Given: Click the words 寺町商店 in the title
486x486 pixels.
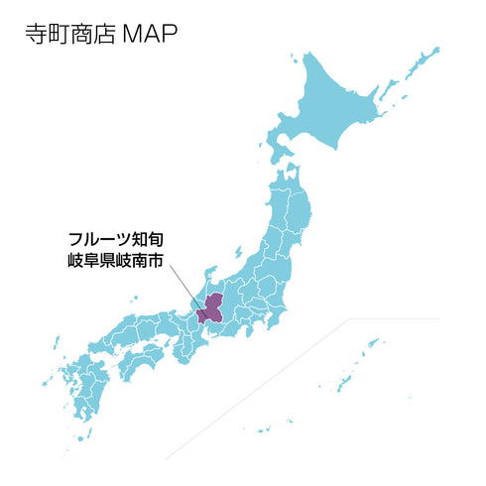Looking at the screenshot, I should tap(69, 34).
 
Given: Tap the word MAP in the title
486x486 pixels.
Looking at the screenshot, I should tap(149, 34).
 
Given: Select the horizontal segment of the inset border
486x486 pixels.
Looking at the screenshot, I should tap(397, 319).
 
